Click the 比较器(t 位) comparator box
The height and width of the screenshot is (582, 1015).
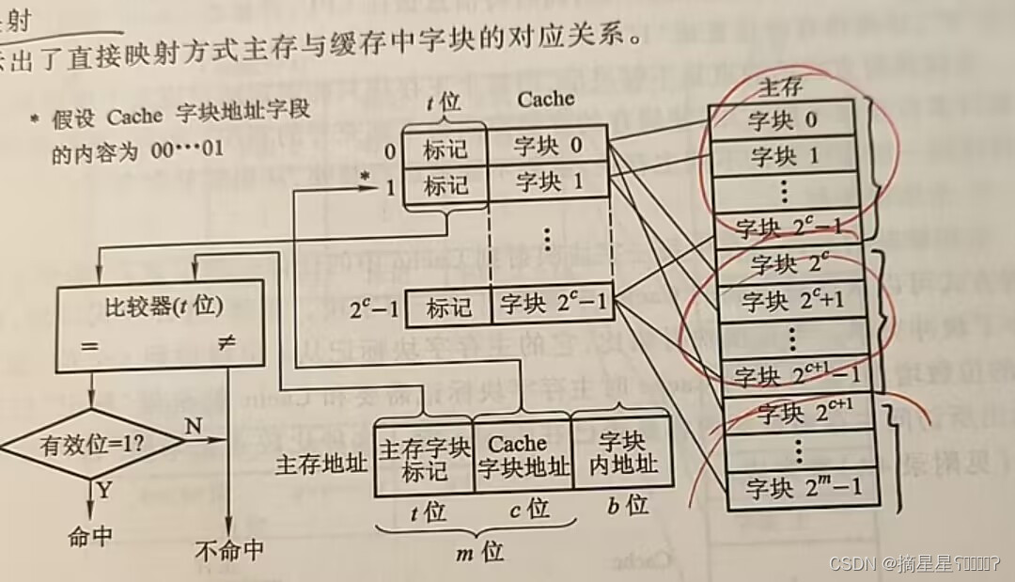151,325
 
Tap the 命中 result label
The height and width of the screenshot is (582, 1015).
91,537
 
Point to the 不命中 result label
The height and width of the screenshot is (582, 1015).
230,550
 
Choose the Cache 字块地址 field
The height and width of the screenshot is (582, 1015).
523,455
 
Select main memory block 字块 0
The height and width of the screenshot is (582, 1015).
782,120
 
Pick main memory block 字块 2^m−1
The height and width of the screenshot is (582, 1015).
799,489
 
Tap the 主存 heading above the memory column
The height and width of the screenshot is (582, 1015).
781,87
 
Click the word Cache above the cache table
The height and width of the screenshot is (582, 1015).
545,98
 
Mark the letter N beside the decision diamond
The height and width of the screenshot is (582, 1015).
193,426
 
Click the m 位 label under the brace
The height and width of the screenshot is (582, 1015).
480,552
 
